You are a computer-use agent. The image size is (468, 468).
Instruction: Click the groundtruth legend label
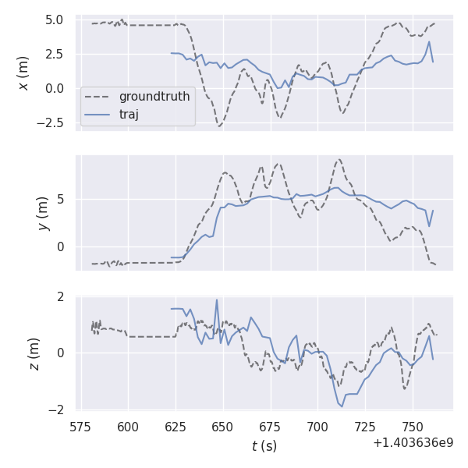coord(154,97)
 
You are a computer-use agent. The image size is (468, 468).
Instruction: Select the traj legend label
coord(129,115)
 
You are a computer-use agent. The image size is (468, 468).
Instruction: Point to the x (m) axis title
coord(24,73)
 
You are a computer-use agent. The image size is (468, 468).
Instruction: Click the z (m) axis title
coord(34,353)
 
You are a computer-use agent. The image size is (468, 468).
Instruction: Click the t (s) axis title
coord(264,446)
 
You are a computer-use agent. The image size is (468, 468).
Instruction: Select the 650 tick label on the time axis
coord(223,427)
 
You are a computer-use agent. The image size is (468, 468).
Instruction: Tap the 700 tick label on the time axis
coord(317,427)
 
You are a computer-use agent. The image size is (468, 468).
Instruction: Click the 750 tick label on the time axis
coord(413,427)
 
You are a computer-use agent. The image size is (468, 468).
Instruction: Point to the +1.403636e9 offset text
coord(413,442)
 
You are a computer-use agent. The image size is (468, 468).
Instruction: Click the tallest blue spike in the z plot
coord(217,300)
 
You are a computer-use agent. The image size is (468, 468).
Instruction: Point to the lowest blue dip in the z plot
coord(342,406)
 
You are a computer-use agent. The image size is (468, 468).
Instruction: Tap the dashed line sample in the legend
coord(97,97)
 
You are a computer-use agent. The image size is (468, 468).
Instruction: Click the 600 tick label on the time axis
coord(128,427)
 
